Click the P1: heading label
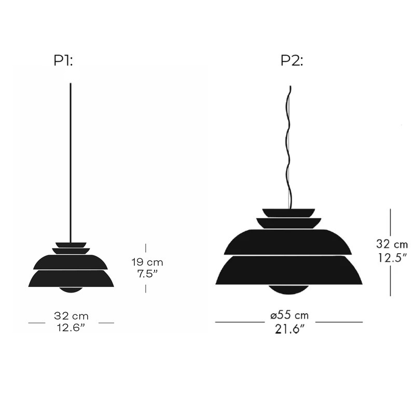pos(63,61)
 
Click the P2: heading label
pos(292,61)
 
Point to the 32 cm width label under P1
pos(71,315)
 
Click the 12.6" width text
pos(71,327)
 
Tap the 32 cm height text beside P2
pos(392,244)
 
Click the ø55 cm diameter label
pos(289,315)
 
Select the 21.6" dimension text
pos(289,327)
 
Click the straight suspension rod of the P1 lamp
pos(71,156)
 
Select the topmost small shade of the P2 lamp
pos(288,213)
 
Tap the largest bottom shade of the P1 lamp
pos(71,279)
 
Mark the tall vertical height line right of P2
pos(390,252)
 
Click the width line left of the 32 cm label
pos(37,323)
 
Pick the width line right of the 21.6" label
pos(339,322)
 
